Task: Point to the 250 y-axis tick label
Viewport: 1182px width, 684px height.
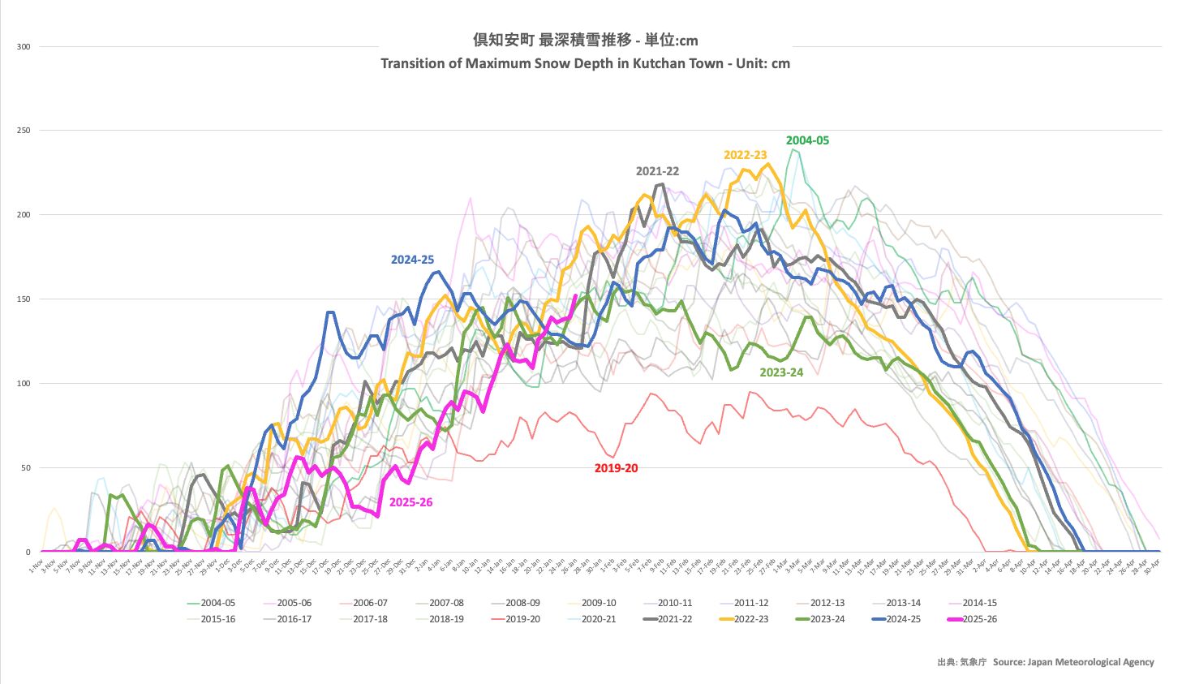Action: (24, 131)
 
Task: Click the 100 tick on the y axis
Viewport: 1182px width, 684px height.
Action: (24, 384)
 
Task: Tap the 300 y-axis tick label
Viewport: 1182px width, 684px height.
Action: (24, 46)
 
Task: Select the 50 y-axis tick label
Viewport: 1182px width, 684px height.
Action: (26, 468)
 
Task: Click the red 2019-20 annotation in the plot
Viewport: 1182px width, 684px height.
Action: (616, 468)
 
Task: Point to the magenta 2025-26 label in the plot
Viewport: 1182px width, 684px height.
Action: (410, 502)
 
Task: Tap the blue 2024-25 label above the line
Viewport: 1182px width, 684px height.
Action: (412, 260)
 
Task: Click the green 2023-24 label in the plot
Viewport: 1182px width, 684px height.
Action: (781, 372)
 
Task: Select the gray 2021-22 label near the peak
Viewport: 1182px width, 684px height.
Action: (657, 171)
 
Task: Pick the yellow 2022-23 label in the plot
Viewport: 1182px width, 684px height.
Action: (745, 155)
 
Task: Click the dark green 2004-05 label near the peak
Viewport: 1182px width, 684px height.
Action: (807, 140)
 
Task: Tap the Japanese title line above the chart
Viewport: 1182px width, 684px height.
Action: (585, 40)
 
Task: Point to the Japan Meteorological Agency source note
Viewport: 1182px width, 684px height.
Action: (1072, 662)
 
